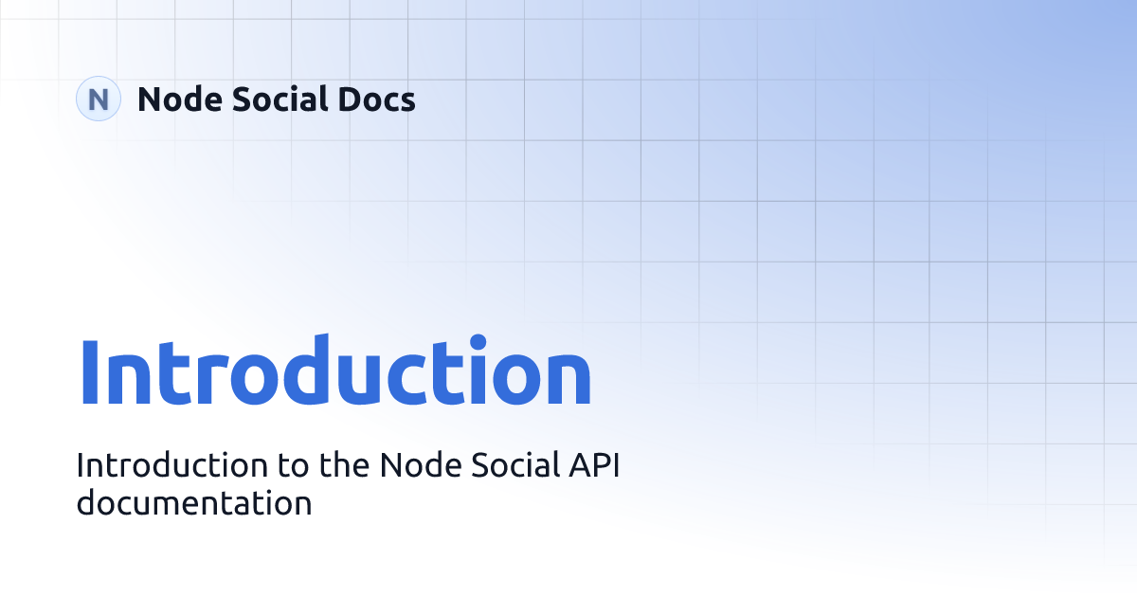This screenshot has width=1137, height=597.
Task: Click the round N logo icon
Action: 98,99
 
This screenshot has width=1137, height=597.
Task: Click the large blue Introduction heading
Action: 334,371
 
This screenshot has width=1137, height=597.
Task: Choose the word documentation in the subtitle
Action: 194,502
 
